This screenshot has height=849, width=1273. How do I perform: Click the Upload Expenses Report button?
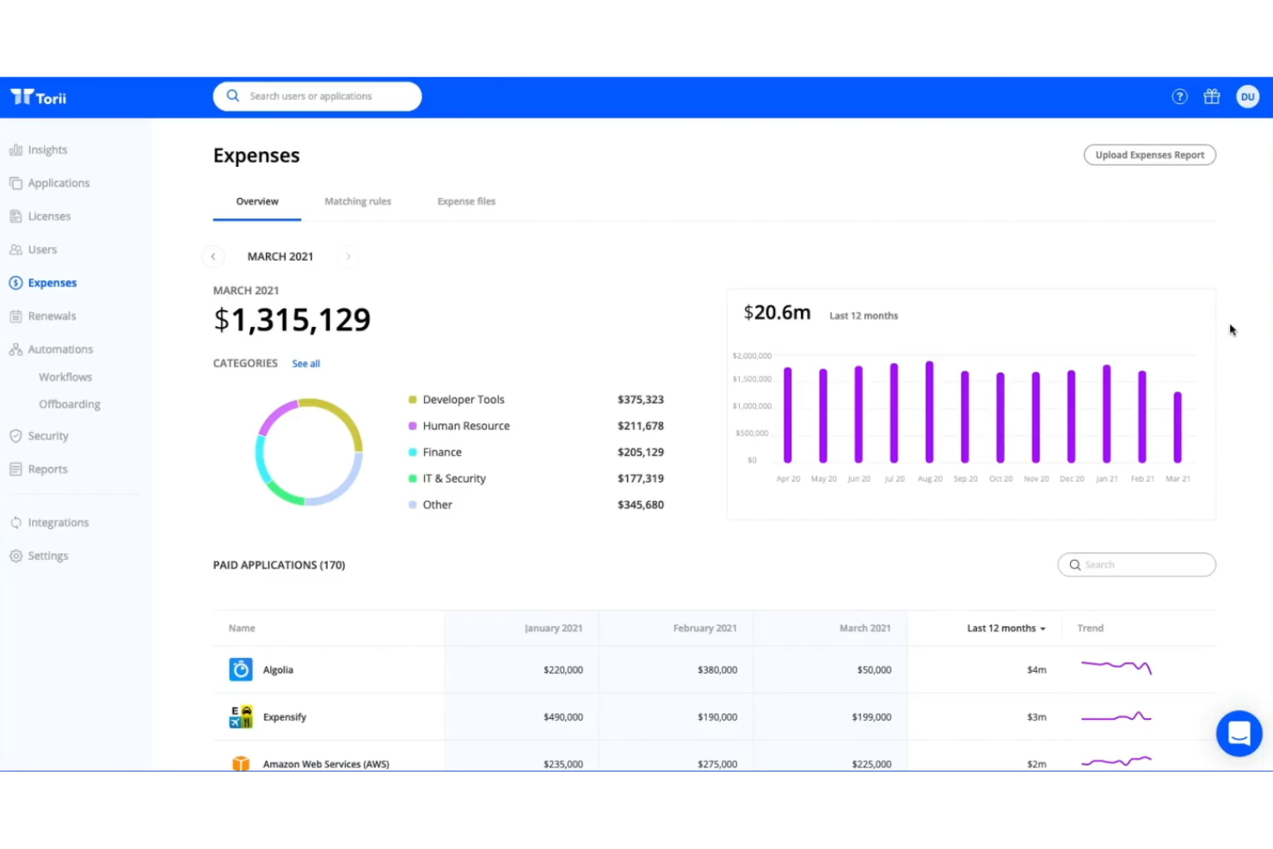[1149, 155]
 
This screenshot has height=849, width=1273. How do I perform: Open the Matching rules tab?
[357, 201]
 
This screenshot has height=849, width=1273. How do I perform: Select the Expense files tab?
[466, 201]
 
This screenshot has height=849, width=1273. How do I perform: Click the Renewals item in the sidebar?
[52, 316]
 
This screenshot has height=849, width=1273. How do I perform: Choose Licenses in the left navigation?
[49, 216]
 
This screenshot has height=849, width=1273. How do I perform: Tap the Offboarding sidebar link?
[69, 404]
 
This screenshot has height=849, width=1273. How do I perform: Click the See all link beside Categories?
[305, 364]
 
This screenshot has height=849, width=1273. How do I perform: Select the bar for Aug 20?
[929, 412]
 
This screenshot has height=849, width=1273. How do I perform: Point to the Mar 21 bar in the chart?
[1178, 428]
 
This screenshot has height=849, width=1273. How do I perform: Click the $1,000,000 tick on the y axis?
[752, 406]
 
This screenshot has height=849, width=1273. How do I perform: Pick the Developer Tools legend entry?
[463, 399]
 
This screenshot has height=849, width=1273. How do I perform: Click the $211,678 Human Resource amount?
[640, 426]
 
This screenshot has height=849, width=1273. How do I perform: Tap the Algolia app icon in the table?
[241, 669]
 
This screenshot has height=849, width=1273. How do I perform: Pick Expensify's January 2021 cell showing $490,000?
[563, 717]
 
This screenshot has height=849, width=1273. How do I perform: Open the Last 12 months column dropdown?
[1005, 628]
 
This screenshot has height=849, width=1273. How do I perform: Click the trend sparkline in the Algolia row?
[1116, 667]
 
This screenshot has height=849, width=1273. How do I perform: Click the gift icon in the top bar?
[1211, 96]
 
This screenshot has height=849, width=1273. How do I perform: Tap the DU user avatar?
[1247, 96]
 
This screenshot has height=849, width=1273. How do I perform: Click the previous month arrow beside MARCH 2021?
[213, 256]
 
